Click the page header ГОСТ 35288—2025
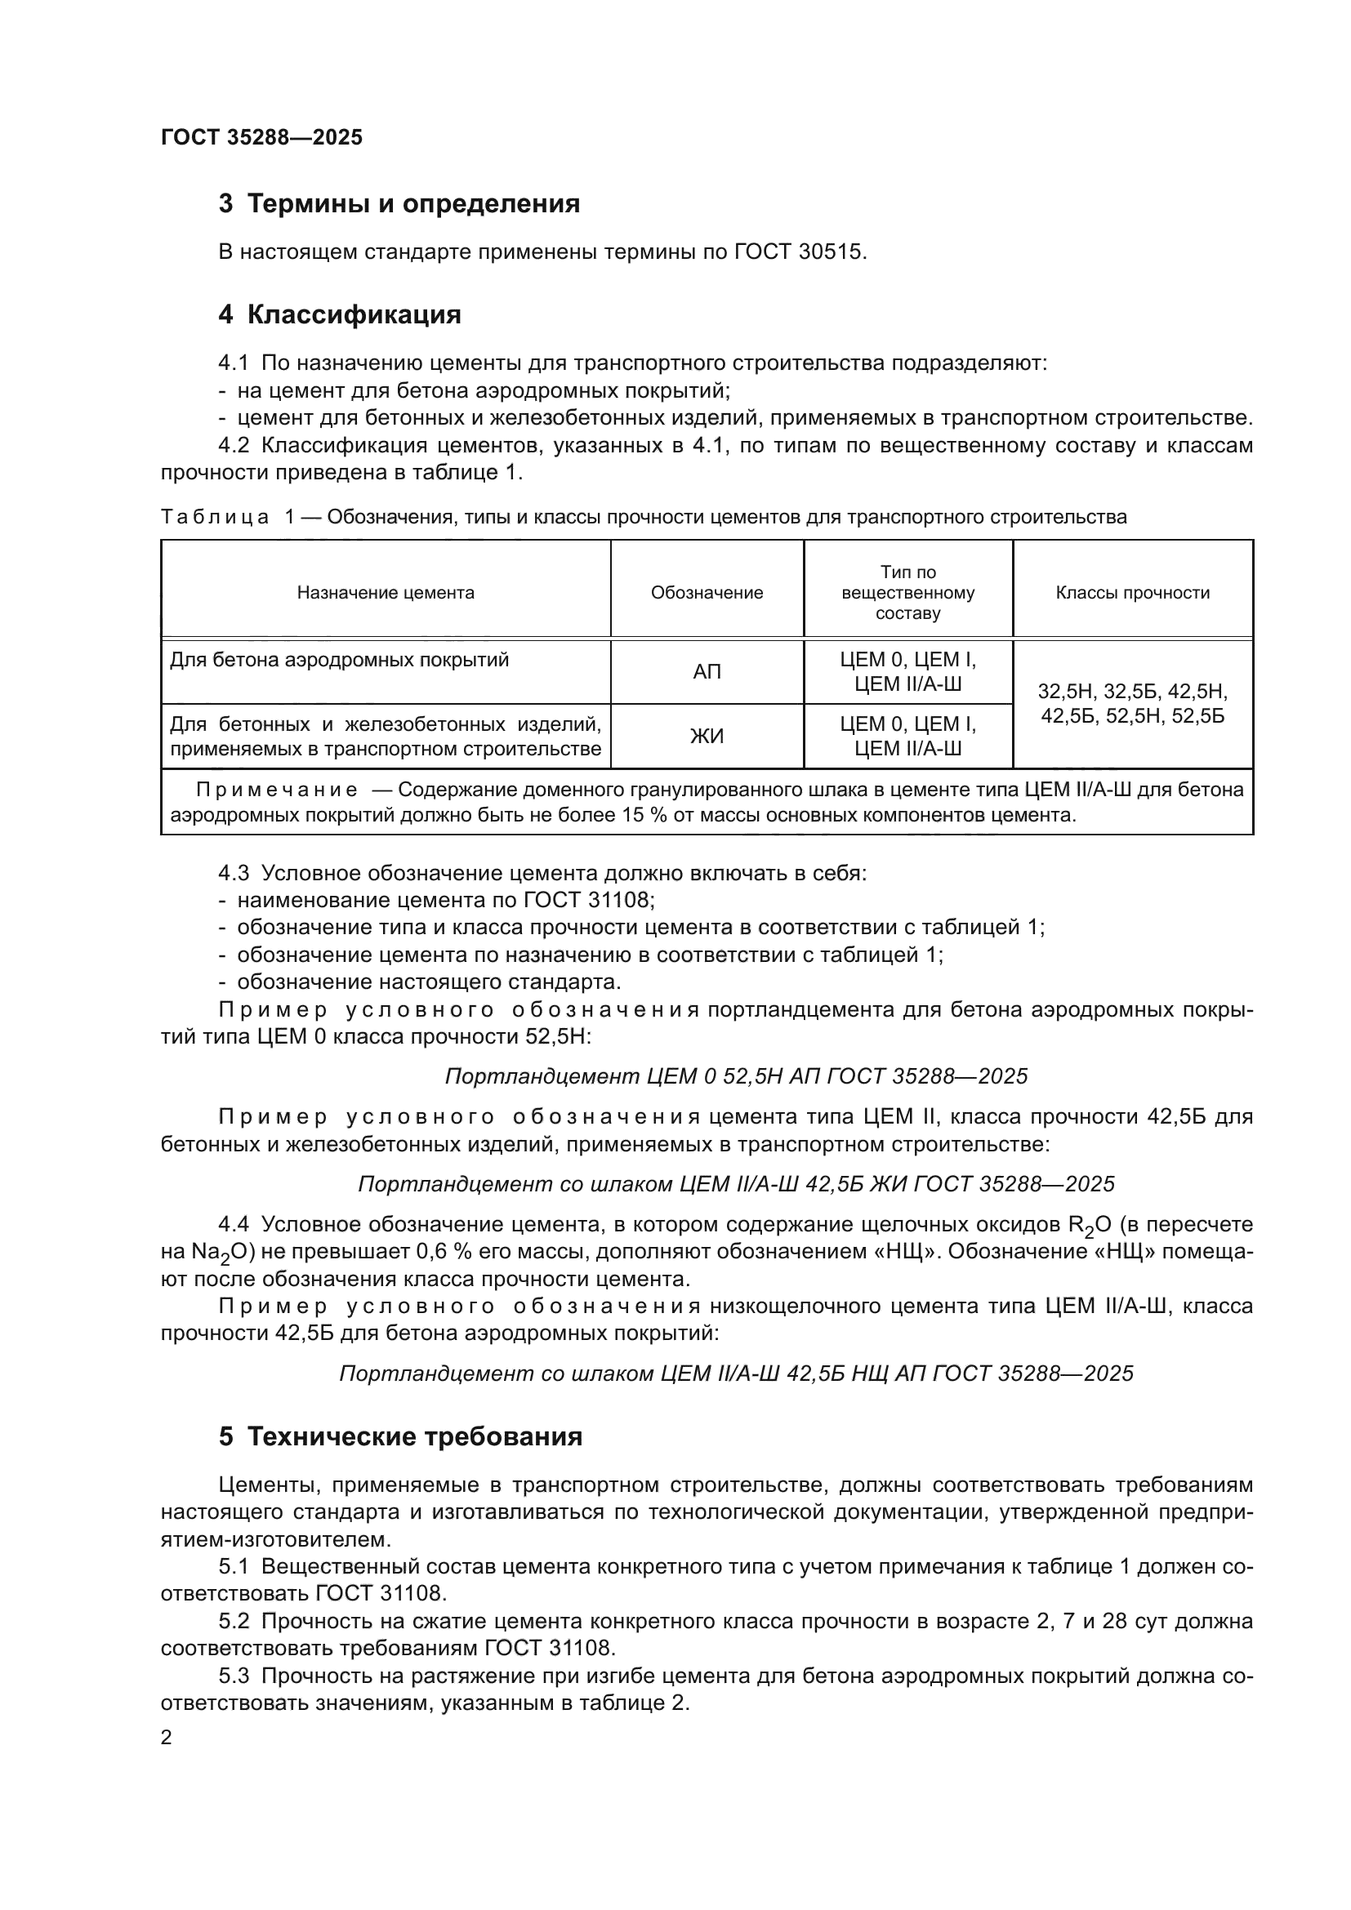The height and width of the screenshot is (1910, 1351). (261, 138)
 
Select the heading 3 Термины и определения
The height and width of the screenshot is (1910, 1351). (399, 204)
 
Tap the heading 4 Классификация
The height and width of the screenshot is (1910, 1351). (340, 315)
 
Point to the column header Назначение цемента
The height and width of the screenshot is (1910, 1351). (386, 593)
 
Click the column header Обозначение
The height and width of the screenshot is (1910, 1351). (707, 593)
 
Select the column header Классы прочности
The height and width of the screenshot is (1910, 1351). (1132, 593)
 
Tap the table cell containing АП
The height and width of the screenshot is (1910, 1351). (707, 672)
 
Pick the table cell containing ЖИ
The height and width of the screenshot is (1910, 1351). (707, 737)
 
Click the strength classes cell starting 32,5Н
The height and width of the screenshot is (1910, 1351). (1132, 704)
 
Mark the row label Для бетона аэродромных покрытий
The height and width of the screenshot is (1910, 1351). (340, 661)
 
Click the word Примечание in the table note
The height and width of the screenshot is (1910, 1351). (277, 790)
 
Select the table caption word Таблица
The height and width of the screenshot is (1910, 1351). (215, 518)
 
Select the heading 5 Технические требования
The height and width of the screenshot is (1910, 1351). (400, 1437)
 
